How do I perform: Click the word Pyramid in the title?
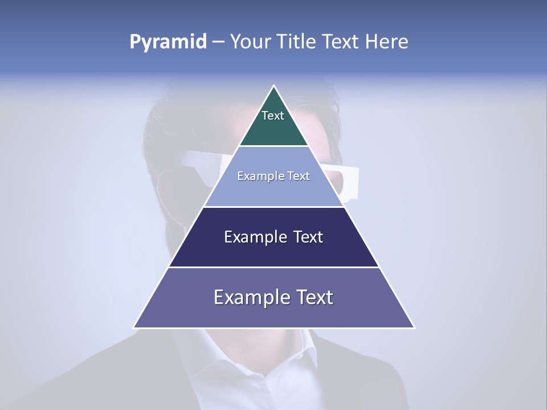[x=168, y=42]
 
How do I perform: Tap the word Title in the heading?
[x=299, y=42]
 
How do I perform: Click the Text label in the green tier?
[x=273, y=116]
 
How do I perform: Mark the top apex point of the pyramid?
[x=274, y=86]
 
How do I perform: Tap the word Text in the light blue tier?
[x=299, y=177]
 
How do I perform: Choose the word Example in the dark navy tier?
[x=253, y=237]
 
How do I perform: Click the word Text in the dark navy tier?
[x=308, y=237]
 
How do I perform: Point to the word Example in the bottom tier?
[x=248, y=297]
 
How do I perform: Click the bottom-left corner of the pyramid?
[x=134, y=327]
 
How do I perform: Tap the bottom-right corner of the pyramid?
[x=414, y=327]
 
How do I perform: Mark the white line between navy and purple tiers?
[x=274, y=267]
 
